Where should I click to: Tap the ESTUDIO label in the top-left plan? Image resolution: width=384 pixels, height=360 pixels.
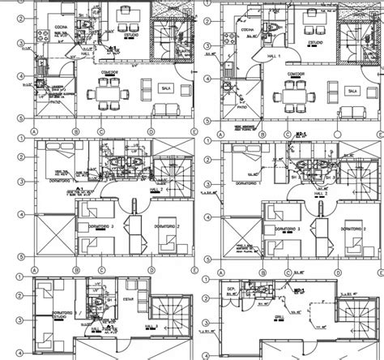point(131,36)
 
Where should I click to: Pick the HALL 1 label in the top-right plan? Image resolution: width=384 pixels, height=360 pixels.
point(276,56)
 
